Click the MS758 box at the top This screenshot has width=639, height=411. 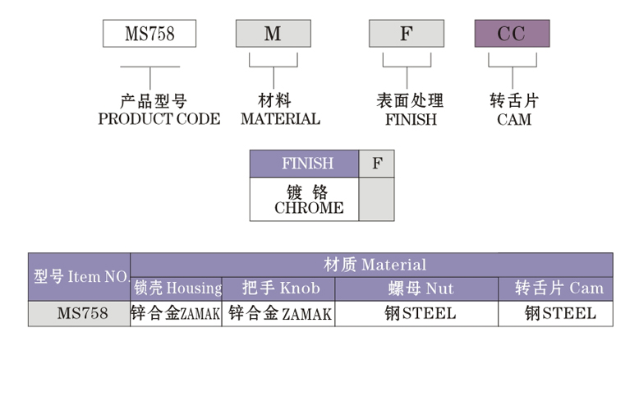(x=149, y=34)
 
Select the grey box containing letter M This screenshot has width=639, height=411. (x=273, y=34)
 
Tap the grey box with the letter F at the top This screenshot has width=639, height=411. (x=406, y=34)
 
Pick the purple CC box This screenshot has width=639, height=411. (x=512, y=34)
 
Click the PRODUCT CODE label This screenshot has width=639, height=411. (x=159, y=119)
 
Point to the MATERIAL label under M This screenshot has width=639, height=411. (x=280, y=119)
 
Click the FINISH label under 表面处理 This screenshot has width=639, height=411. (x=411, y=119)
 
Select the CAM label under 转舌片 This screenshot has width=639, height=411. (x=514, y=119)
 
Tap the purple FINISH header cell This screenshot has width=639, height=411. (x=304, y=164)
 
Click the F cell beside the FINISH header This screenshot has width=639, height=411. (x=376, y=164)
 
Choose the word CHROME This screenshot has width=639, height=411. (x=309, y=208)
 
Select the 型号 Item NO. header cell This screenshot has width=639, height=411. (x=80, y=277)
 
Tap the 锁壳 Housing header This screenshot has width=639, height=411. (x=177, y=289)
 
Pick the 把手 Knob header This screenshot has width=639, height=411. (x=280, y=289)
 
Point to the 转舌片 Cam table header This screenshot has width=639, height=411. (x=559, y=289)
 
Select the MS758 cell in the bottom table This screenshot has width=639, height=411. (x=80, y=313)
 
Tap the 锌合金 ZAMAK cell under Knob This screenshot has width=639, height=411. (x=280, y=313)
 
